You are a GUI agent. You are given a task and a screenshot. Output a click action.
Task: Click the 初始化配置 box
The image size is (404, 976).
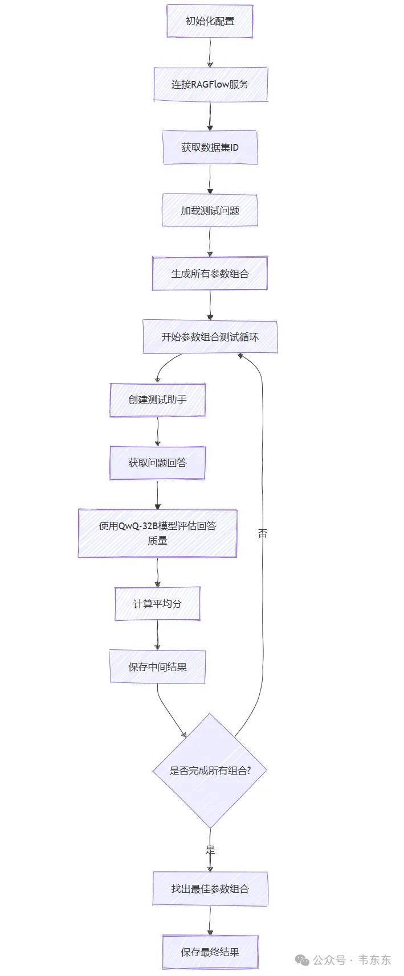pos(210,22)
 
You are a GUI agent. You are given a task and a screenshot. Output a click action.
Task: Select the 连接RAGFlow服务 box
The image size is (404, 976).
pos(210,84)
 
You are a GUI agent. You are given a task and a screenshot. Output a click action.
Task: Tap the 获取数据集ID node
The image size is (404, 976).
pos(210,147)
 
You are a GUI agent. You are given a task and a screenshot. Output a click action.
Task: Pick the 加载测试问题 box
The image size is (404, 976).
pos(210,211)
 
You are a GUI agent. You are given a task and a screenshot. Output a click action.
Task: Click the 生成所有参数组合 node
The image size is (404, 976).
pos(210,274)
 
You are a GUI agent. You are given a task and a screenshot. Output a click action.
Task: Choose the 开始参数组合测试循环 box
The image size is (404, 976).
pos(210,337)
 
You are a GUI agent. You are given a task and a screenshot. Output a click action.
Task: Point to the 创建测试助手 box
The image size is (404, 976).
pos(157,400)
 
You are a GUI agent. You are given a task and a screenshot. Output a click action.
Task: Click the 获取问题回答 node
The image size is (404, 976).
pos(157,463)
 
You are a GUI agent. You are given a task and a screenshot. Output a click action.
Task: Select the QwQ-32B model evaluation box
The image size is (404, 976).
pos(157,533)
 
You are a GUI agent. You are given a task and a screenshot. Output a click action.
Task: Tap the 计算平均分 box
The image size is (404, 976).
pos(157,604)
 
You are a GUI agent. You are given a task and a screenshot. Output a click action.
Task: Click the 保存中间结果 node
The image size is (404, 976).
pos(157,667)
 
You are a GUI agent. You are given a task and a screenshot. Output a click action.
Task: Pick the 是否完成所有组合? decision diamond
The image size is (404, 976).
pos(210,771)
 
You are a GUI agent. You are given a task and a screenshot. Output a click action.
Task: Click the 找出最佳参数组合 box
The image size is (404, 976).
pos(210,889)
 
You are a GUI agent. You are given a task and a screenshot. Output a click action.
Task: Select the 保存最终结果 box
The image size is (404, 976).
pos(210,952)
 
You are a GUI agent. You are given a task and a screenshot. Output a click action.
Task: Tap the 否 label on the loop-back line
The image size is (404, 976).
pos(262,533)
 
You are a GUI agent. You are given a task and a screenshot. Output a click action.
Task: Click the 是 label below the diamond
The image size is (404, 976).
pos(210,850)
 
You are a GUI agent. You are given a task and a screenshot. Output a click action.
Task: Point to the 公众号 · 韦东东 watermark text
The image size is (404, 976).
pos(352,960)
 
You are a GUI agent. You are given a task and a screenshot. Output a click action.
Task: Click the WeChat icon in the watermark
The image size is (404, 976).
pos(302,961)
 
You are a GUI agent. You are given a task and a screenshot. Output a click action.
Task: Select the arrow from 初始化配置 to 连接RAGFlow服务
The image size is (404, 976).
pos(210,53)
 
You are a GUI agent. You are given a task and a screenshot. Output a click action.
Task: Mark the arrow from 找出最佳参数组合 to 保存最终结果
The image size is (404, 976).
pos(210,921)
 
